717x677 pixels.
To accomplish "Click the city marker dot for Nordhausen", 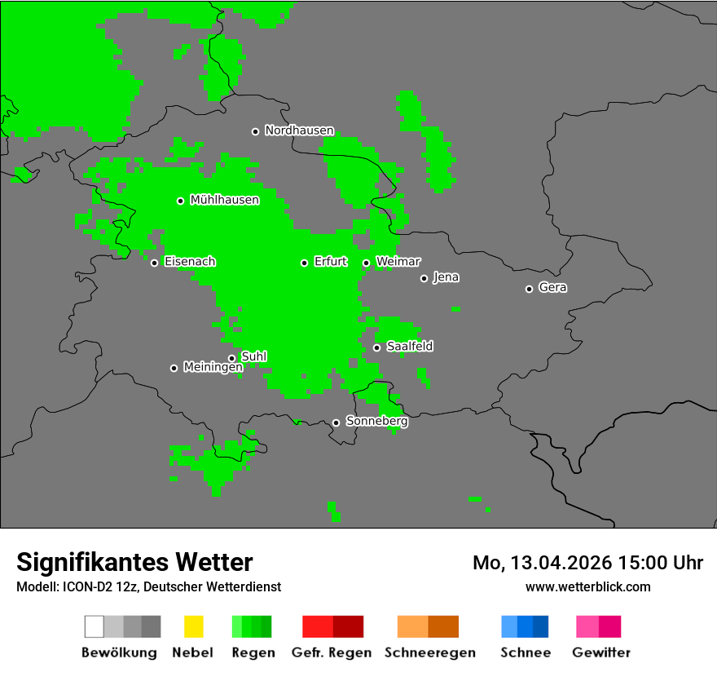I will (255, 131).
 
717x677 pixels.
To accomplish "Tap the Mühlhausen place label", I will (224, 200).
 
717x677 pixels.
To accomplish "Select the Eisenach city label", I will (190, 262).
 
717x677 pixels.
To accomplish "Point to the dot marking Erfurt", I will (304, 263).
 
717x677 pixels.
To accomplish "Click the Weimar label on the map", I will (398, 262).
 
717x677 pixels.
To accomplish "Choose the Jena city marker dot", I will (424, 279).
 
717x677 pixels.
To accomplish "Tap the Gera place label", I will (552, 288).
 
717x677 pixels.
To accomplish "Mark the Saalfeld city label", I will (410, 347).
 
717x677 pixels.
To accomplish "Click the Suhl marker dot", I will (231, 358).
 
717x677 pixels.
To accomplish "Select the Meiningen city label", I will (213, 368).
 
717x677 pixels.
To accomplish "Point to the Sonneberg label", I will (377, 422).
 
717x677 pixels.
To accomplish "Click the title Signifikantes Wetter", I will (134, 563).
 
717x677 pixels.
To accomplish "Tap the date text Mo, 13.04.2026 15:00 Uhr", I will (587, 563).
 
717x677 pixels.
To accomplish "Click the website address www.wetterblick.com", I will (587, 586).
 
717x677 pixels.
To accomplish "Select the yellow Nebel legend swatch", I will (193, 626).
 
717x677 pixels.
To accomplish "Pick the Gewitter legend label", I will (600, 653).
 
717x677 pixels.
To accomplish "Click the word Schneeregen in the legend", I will (429, 653).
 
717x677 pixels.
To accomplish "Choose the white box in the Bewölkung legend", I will (95, 626).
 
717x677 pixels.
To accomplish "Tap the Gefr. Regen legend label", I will (331, 653).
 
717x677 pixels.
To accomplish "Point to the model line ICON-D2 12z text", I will (148, 586).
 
